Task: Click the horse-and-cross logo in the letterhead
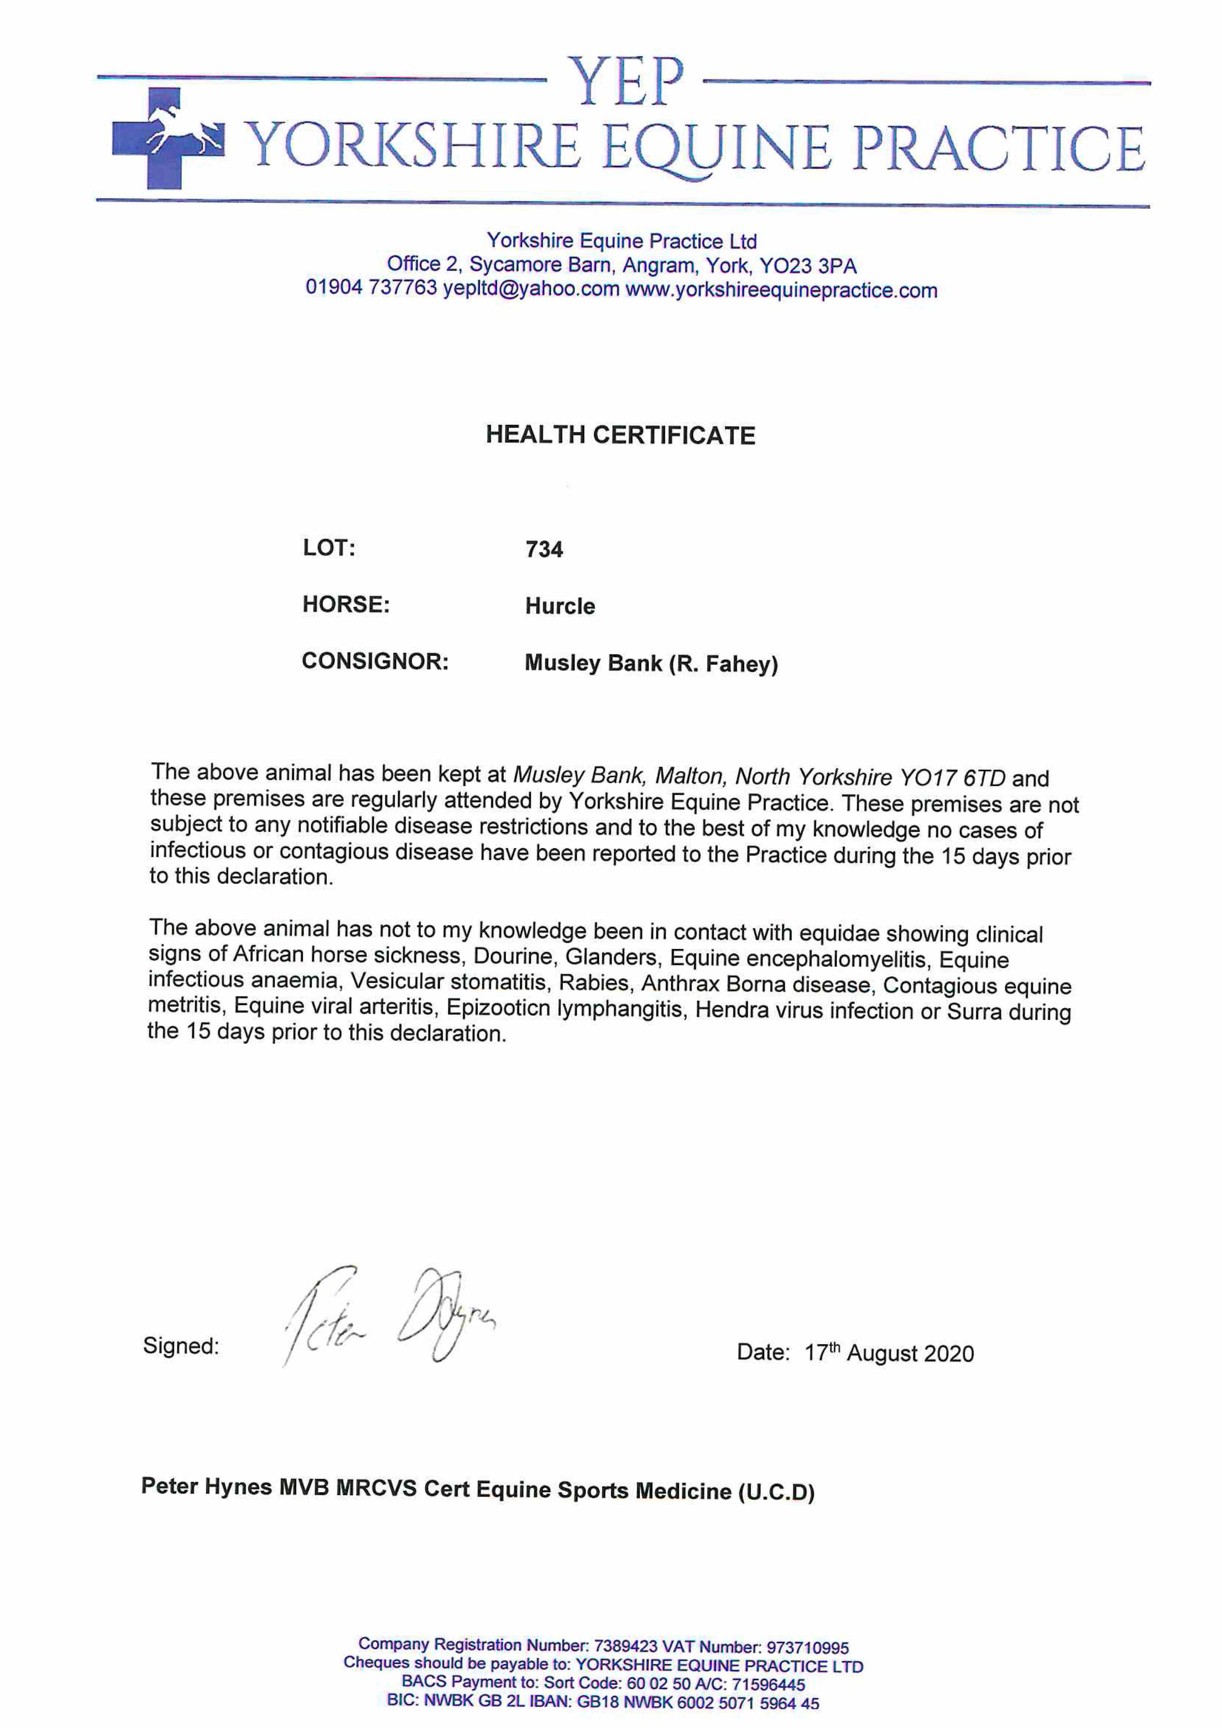167,138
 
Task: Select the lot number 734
544,550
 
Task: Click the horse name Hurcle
559,606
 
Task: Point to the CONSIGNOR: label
375,661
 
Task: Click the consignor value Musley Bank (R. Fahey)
651,664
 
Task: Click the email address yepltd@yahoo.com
531,289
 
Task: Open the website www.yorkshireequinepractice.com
781,291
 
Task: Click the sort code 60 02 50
658,1684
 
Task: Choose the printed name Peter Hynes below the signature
206,1486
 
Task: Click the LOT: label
328,548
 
